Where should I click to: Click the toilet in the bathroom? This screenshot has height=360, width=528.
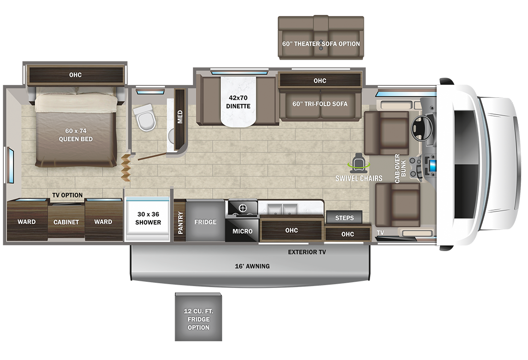click(145, 118)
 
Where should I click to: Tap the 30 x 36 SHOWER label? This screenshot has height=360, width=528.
click(147, 218)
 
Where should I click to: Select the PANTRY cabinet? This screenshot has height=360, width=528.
click(180, 221)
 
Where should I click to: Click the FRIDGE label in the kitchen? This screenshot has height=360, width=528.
click(205, 222)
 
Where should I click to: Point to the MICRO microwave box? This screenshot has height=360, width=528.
click(242, 231)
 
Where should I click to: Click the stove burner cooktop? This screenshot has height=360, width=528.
click(242, 208)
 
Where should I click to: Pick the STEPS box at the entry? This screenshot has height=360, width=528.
click(344, 217)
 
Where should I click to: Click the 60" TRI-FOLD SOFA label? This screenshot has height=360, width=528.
click(320, 104)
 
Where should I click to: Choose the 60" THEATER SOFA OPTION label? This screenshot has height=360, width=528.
click(321, 44)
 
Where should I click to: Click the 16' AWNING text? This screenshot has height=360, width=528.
click(252, 266)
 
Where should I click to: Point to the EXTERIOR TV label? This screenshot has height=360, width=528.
click(307, 252)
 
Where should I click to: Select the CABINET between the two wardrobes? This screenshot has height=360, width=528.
click(66, 222)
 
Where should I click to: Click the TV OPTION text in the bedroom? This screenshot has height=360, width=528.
click(67, 195)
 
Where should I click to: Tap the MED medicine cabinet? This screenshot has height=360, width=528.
click(180, 117)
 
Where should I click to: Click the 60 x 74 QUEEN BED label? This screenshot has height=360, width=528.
click(75, 135)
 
